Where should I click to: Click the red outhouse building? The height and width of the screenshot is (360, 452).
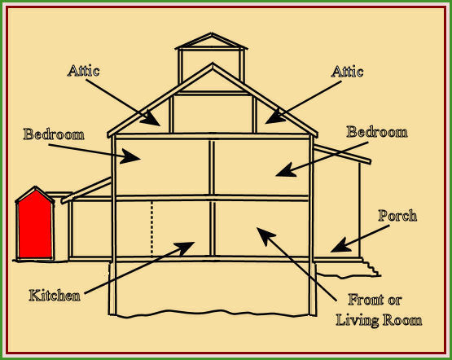pos(35,224)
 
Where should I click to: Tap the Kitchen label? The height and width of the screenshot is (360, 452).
pos(55,296)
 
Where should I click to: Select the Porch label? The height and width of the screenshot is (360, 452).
pos(397,216)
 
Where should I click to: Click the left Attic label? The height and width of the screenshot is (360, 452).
pos(84,71)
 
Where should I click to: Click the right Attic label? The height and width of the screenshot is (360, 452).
pos(347,72)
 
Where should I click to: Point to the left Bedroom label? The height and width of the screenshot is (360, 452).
pos(54,134)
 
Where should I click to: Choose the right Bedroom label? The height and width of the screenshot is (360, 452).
pos(377,132)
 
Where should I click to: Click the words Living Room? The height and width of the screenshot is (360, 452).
pos(379,321)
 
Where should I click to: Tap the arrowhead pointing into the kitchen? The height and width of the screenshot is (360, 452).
pos(185,248)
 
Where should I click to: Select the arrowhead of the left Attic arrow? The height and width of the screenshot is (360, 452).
pos(151,119)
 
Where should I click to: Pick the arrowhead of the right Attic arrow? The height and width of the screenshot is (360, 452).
pos(274,117)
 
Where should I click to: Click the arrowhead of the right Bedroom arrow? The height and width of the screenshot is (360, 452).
pos(286,170)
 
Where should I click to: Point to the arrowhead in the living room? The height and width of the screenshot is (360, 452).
pos(265,235)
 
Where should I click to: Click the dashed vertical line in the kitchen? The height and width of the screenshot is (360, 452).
pos(152,229)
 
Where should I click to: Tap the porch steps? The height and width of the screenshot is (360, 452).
pos(371,268)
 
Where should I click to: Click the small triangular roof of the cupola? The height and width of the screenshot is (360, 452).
pos(211,41)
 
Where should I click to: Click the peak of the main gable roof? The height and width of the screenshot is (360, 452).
pos(213,64)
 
